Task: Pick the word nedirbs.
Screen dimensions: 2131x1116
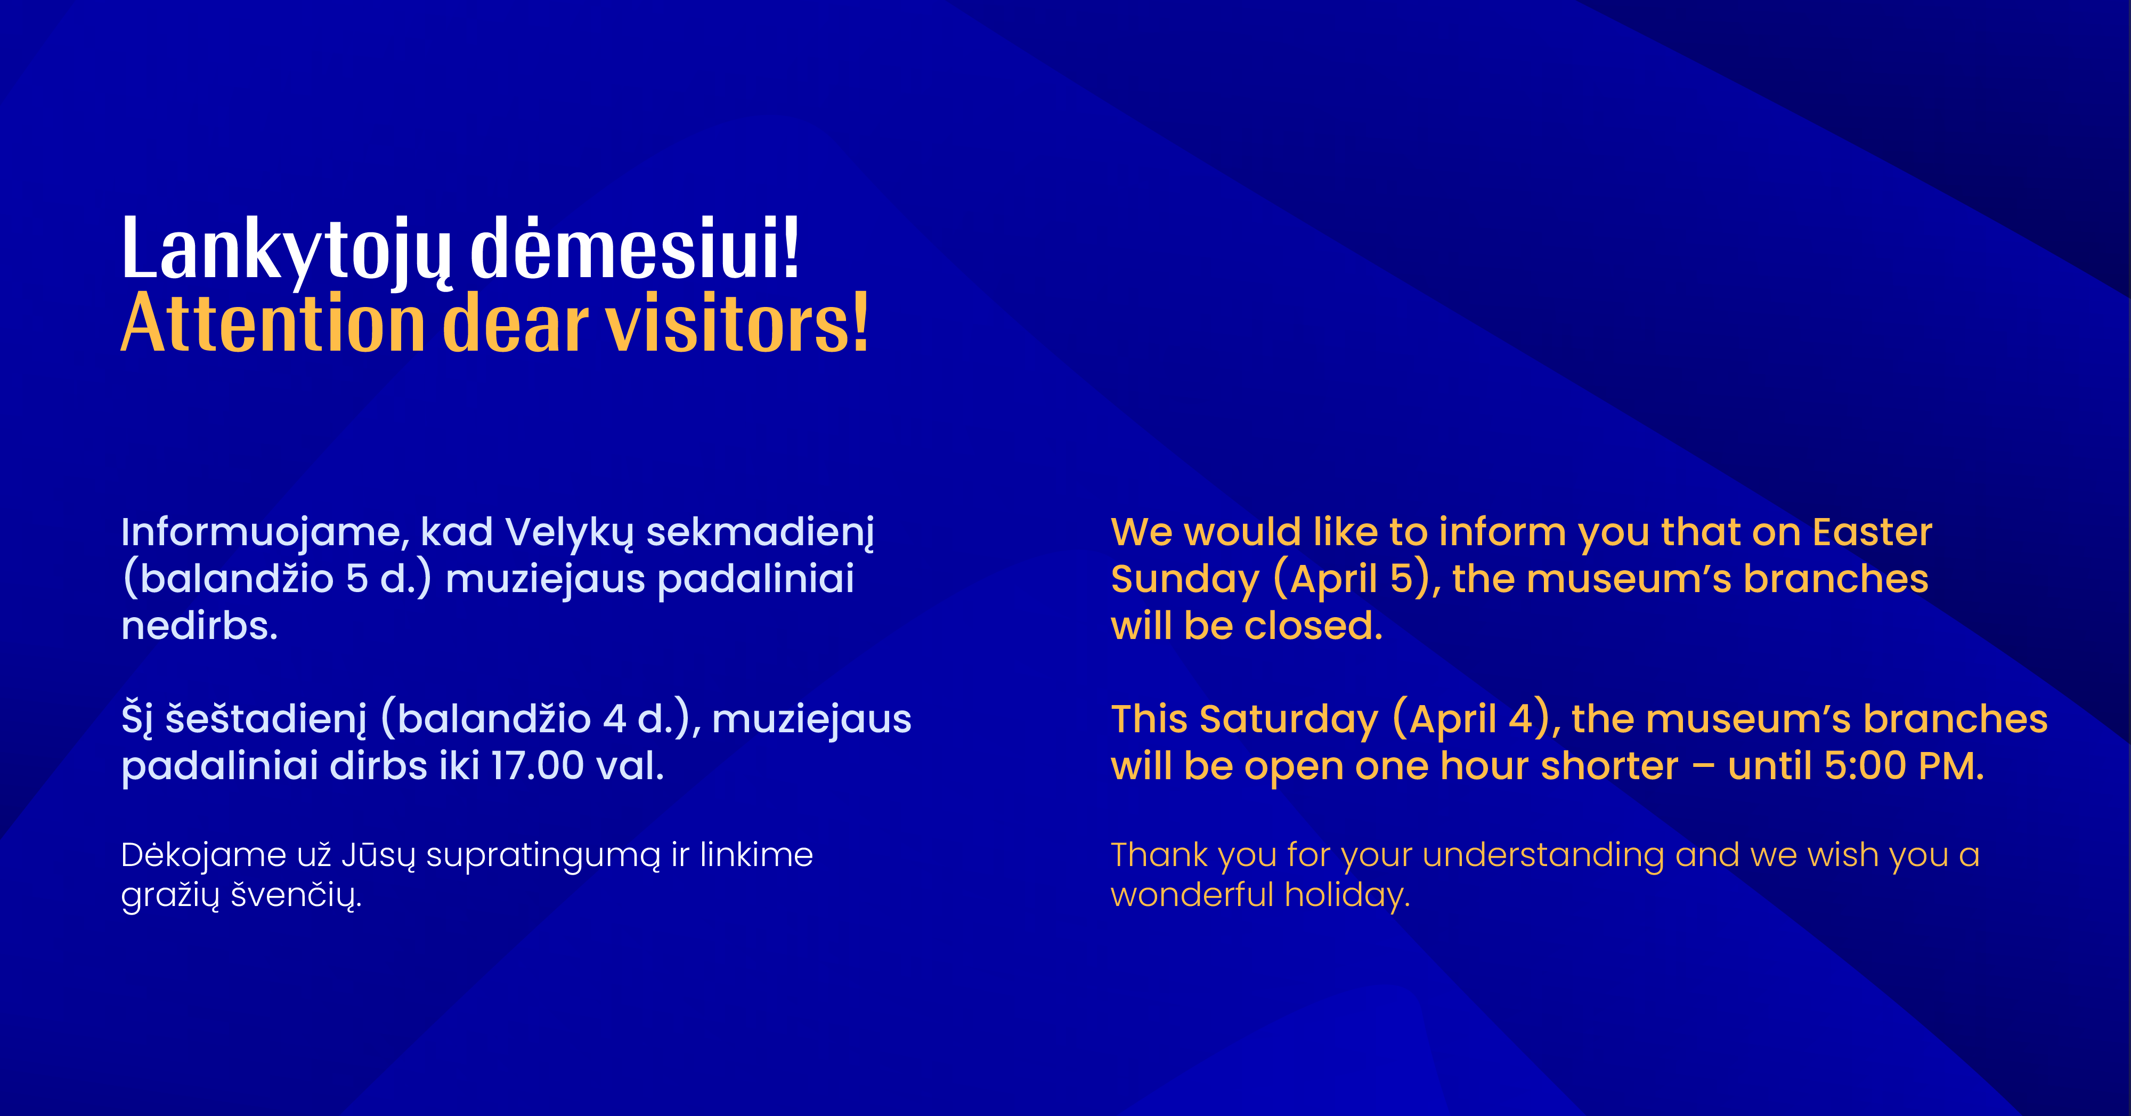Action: click(199, 626)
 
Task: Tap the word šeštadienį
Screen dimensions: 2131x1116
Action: click(265, 719)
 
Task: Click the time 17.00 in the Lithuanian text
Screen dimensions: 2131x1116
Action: click(538, 766)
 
